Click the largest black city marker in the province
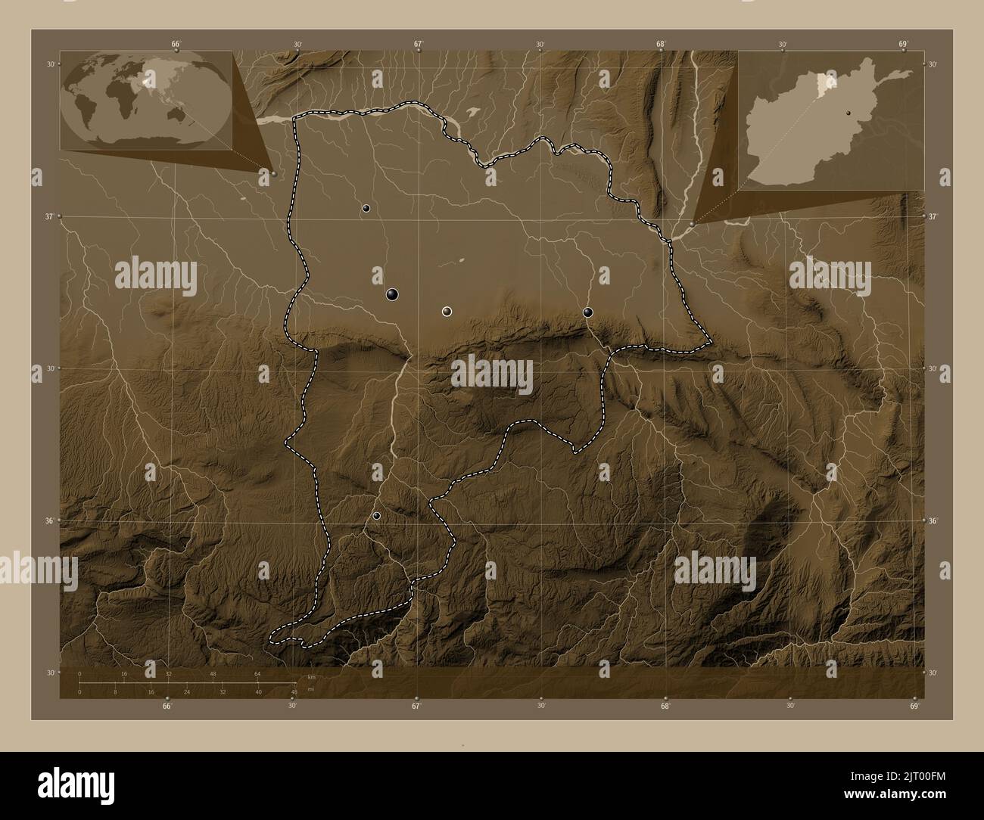pos(392,294)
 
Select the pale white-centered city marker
pos(447,311)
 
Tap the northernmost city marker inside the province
pos(366,208)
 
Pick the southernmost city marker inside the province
pos(376,516)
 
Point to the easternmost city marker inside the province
pos(587,312)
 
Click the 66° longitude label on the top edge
pos(176,44)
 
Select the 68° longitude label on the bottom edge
pos(665,707)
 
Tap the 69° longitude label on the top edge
pos(903,44)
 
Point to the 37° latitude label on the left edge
pos(49,217)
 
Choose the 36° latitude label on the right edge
pos(933,521)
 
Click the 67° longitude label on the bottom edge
pos(416,707)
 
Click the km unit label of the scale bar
pos(311,676)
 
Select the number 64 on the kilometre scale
pos(257,673)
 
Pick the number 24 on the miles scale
pos(186,691)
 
